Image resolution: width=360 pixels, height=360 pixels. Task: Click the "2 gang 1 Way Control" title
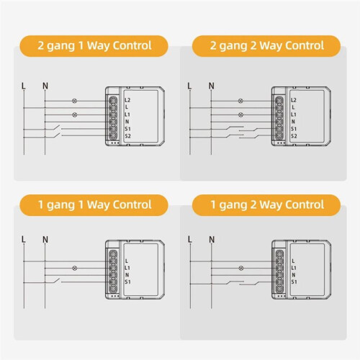94,45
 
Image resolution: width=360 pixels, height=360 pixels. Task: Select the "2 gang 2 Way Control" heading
267,45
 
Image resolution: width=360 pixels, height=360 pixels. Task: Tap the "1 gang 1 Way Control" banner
94,204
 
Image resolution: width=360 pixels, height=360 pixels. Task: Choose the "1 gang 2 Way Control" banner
267,204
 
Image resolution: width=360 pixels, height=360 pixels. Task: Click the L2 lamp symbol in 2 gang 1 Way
75,101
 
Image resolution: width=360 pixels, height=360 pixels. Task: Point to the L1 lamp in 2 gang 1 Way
75,114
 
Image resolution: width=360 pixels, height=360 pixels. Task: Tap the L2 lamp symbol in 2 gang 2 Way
240,101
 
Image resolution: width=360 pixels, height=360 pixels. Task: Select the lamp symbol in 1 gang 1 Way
75,268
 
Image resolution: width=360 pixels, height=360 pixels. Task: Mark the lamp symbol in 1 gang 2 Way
241,268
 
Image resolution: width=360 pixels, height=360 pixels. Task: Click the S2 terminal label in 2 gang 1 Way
127,136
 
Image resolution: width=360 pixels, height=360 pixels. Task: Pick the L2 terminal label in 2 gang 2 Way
294,100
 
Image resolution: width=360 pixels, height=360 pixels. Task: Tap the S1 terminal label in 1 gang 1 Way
127,282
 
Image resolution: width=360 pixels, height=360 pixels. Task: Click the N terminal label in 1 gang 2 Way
294,275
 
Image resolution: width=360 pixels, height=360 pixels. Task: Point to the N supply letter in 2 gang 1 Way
45,86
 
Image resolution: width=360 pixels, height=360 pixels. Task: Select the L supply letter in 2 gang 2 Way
189,86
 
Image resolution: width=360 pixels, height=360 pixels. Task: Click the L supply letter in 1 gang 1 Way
23,239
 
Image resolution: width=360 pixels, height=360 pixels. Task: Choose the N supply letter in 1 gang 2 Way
212,239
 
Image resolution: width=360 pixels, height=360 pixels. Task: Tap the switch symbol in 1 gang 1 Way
56,280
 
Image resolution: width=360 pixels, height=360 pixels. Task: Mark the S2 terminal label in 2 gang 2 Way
294,136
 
